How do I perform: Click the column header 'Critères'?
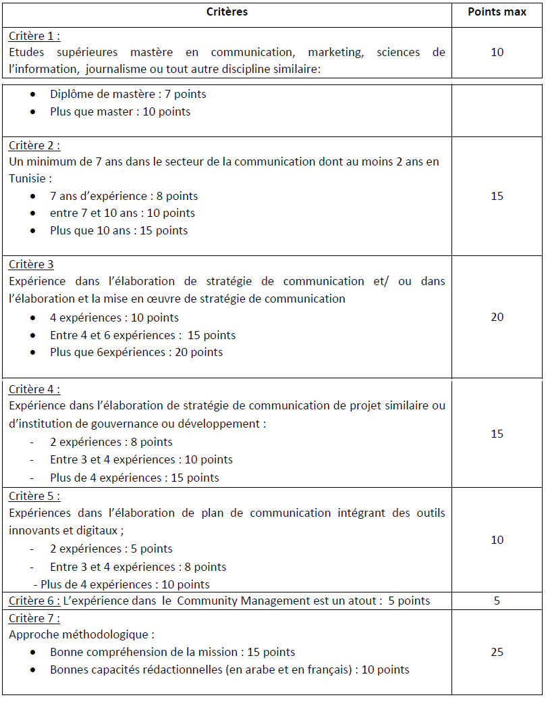226,12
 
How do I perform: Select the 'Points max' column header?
497,12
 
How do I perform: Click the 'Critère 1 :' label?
39,36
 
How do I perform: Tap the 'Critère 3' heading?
31,264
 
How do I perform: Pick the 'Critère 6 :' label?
34,601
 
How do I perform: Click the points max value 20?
497,317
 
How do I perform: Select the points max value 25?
497,652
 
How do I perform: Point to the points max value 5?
497,601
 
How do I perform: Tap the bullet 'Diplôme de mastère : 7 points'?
128,94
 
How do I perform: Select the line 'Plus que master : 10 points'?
120,111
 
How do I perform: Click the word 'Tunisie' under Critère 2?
28,178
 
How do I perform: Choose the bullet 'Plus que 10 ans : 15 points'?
119,230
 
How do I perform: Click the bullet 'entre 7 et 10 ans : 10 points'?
122,213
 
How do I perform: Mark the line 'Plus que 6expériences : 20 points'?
136,352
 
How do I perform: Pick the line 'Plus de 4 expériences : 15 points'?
134,478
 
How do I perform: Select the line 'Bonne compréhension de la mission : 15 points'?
172,652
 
